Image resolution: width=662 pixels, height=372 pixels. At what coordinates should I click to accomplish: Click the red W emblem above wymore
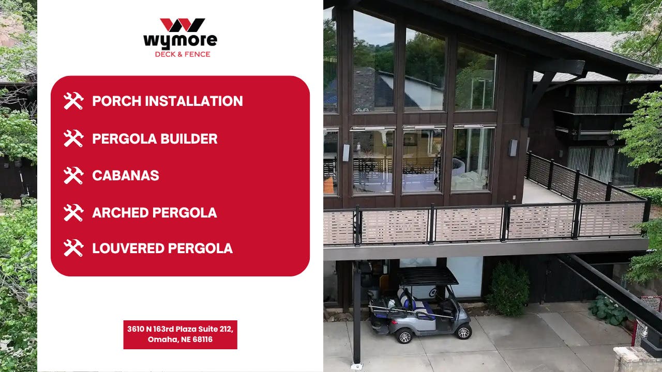(x=180, y=25)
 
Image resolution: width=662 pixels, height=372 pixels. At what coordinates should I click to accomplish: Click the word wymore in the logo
(x=180, y=40)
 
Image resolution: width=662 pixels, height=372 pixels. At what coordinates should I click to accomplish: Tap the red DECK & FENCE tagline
(x=183, y=54)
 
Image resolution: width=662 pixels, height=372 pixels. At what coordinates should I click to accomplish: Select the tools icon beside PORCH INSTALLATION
(x=73, y=101)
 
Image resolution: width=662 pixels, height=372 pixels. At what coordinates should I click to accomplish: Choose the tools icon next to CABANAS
(x=73, y=176)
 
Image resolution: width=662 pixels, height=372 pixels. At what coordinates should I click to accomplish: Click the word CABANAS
(x=126, y=176)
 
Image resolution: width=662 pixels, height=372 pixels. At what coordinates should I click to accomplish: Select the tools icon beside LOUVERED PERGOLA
(x=73, y=249)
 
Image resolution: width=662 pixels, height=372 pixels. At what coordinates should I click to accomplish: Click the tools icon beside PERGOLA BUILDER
(x=73, y=138)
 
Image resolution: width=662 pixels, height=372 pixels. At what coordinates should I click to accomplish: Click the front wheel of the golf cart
(x=462, y=331)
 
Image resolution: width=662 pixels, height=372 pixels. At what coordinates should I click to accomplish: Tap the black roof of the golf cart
(x=428, y=276)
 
